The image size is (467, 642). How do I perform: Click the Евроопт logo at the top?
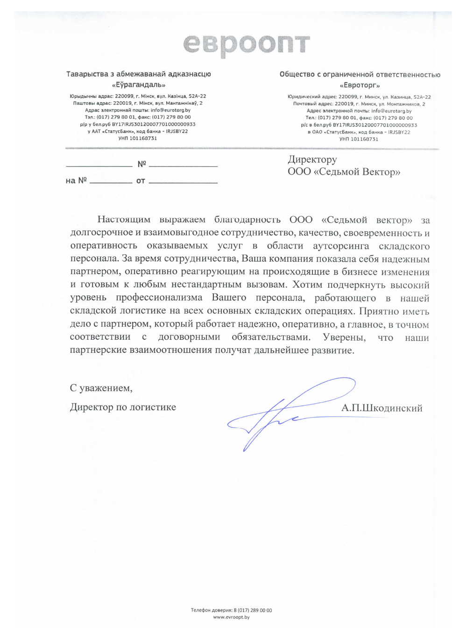click(x=246, y=45)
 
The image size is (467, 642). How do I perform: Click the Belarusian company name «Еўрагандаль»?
click(x=139, y=85)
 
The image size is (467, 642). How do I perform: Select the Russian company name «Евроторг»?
click(x=360, y=86)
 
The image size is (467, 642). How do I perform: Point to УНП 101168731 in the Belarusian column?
click(x=138, y=138)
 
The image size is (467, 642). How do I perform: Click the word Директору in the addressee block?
click(x=312, y=160)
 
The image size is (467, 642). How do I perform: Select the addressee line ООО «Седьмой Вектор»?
click(x=344, y=172)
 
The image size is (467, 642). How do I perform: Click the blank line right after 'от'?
click(x=183, y=182)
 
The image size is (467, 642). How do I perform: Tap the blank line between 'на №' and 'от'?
click(x=111, y=182)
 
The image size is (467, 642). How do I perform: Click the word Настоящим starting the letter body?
click(x=124, y=220)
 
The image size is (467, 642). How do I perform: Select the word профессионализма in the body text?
click(x=159, y=298)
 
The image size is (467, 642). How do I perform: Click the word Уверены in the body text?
click(x=344, y=337)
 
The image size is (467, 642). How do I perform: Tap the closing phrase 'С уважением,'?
click(x=101, y=388)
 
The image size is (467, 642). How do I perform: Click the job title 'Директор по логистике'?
click(x=123, y=407)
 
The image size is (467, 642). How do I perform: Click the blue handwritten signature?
click(x=280, y=414)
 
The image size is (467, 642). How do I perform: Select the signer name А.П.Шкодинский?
click(x=382, y=408)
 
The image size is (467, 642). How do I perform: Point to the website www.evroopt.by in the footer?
click(x=231, y=617)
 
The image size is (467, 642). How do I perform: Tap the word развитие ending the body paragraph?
click(x=333, y=350)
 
